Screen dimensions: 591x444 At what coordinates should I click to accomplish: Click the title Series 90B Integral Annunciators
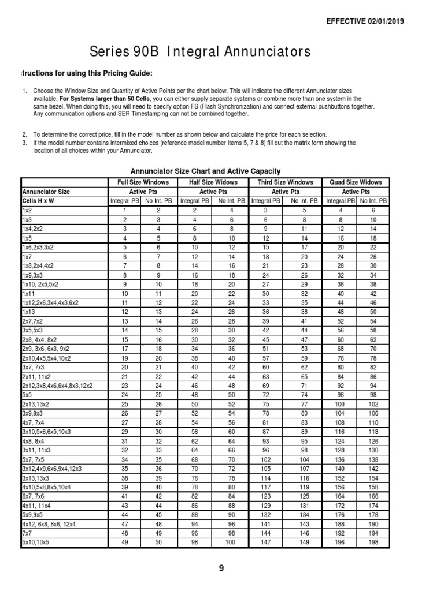coord(199,52)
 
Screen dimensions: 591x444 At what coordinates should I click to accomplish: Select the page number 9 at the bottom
coord(221,568)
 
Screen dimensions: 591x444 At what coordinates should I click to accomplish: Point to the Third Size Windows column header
coord(285,182)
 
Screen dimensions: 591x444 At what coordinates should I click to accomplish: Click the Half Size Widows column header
coord(214,182)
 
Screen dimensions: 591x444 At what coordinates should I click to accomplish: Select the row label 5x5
coord(28,395)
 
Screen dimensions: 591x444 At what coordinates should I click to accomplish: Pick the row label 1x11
coord(30,293)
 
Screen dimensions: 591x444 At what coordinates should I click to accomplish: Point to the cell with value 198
coord(373,543)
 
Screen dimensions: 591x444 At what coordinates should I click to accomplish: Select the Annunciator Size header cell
coord(46,192)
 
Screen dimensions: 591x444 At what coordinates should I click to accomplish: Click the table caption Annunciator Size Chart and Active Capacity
coord(205,171)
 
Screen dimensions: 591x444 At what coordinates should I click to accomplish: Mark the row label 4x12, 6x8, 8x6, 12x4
coord(49,524)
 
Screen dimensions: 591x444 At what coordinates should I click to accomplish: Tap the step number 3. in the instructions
coord(25,143)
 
